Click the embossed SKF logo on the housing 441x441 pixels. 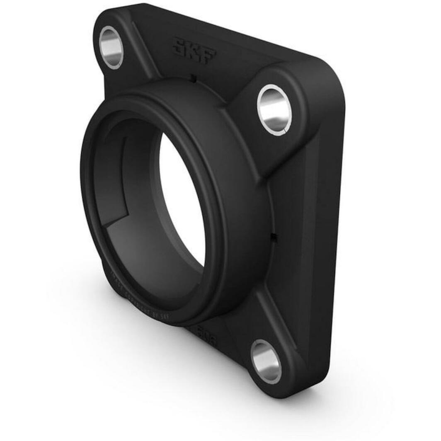(x=194, y=51)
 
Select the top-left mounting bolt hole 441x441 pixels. (x=111, y=47)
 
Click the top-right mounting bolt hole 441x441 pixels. (x=274, y=110)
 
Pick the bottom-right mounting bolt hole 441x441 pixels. (x=266, y=361)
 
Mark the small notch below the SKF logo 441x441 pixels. (x=192, y=77)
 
